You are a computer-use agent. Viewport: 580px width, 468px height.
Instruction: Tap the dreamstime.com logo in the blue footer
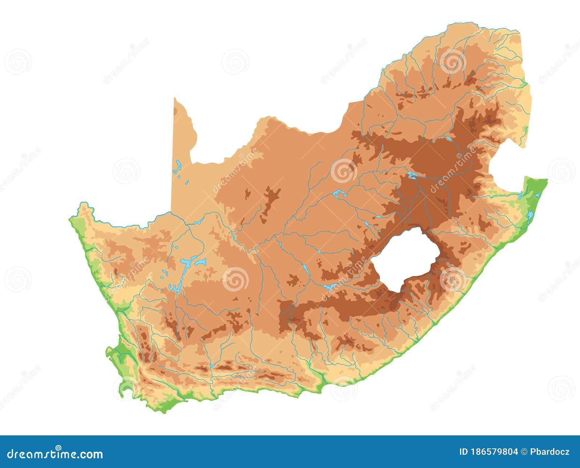pos(55,454)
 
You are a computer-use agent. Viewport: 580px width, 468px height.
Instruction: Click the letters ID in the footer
pos(464,452)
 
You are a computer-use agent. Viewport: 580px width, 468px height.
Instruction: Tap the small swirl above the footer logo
pos(58,447)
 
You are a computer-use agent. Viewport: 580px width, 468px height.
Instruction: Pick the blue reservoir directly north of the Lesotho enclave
pos(412,175)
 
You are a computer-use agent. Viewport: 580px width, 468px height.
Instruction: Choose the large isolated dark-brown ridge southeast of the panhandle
pos(270,201)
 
